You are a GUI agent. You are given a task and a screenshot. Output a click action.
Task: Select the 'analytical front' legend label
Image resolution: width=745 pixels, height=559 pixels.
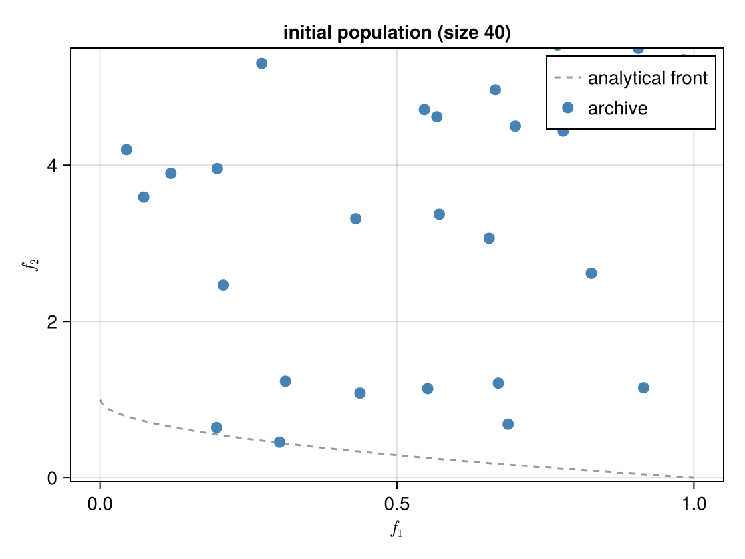pos(647,78)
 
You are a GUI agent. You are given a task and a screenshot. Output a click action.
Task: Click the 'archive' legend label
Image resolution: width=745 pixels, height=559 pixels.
pos(617,108)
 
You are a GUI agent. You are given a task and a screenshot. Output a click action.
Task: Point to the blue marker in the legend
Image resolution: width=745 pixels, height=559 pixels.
pos(567,108)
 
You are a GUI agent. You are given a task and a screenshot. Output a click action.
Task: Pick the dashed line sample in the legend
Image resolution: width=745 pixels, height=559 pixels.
pos(567,78)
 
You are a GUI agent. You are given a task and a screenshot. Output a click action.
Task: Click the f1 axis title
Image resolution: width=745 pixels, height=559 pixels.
pos(396,530)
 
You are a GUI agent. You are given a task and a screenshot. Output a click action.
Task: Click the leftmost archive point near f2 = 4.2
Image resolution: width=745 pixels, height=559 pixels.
pos(126,150)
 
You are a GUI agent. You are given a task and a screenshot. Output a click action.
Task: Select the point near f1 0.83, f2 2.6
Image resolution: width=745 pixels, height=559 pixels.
pos(591,273)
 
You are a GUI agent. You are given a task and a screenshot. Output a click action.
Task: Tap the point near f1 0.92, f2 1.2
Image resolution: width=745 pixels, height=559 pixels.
pos(643,388)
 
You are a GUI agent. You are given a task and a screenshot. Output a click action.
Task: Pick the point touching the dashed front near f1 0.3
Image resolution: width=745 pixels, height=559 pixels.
pos(279,442)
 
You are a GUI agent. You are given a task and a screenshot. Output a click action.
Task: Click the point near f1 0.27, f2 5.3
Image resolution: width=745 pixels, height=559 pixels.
pos(261,63)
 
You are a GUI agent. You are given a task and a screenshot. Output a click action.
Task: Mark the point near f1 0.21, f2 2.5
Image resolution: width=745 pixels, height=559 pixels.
pos(223,285)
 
